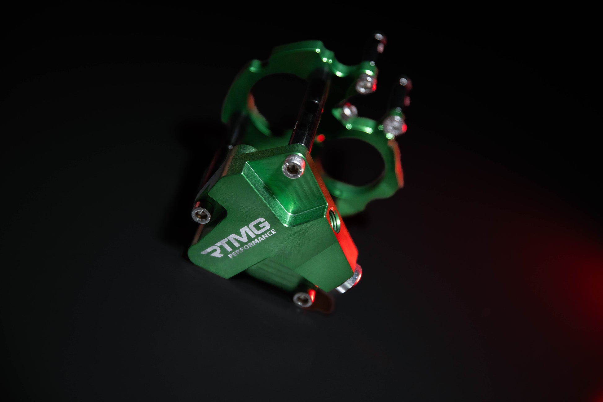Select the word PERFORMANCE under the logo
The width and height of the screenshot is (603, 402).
[252, 244]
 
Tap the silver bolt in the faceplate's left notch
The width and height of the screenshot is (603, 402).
[201, 213]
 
